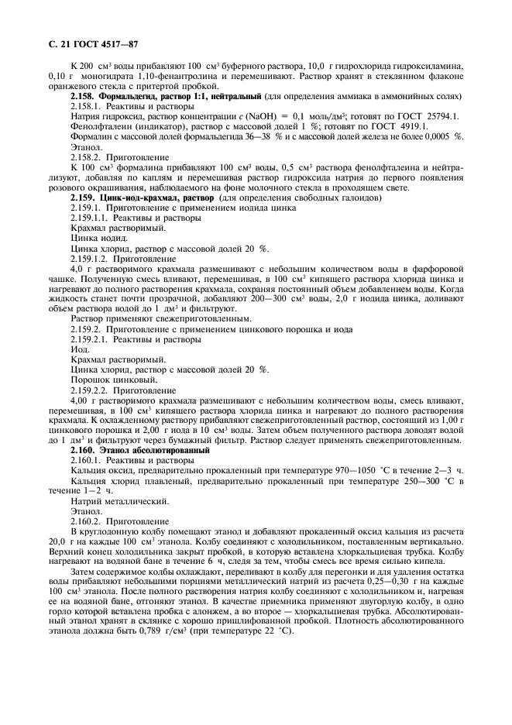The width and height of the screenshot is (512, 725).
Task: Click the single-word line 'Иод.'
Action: tap(80, 349)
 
